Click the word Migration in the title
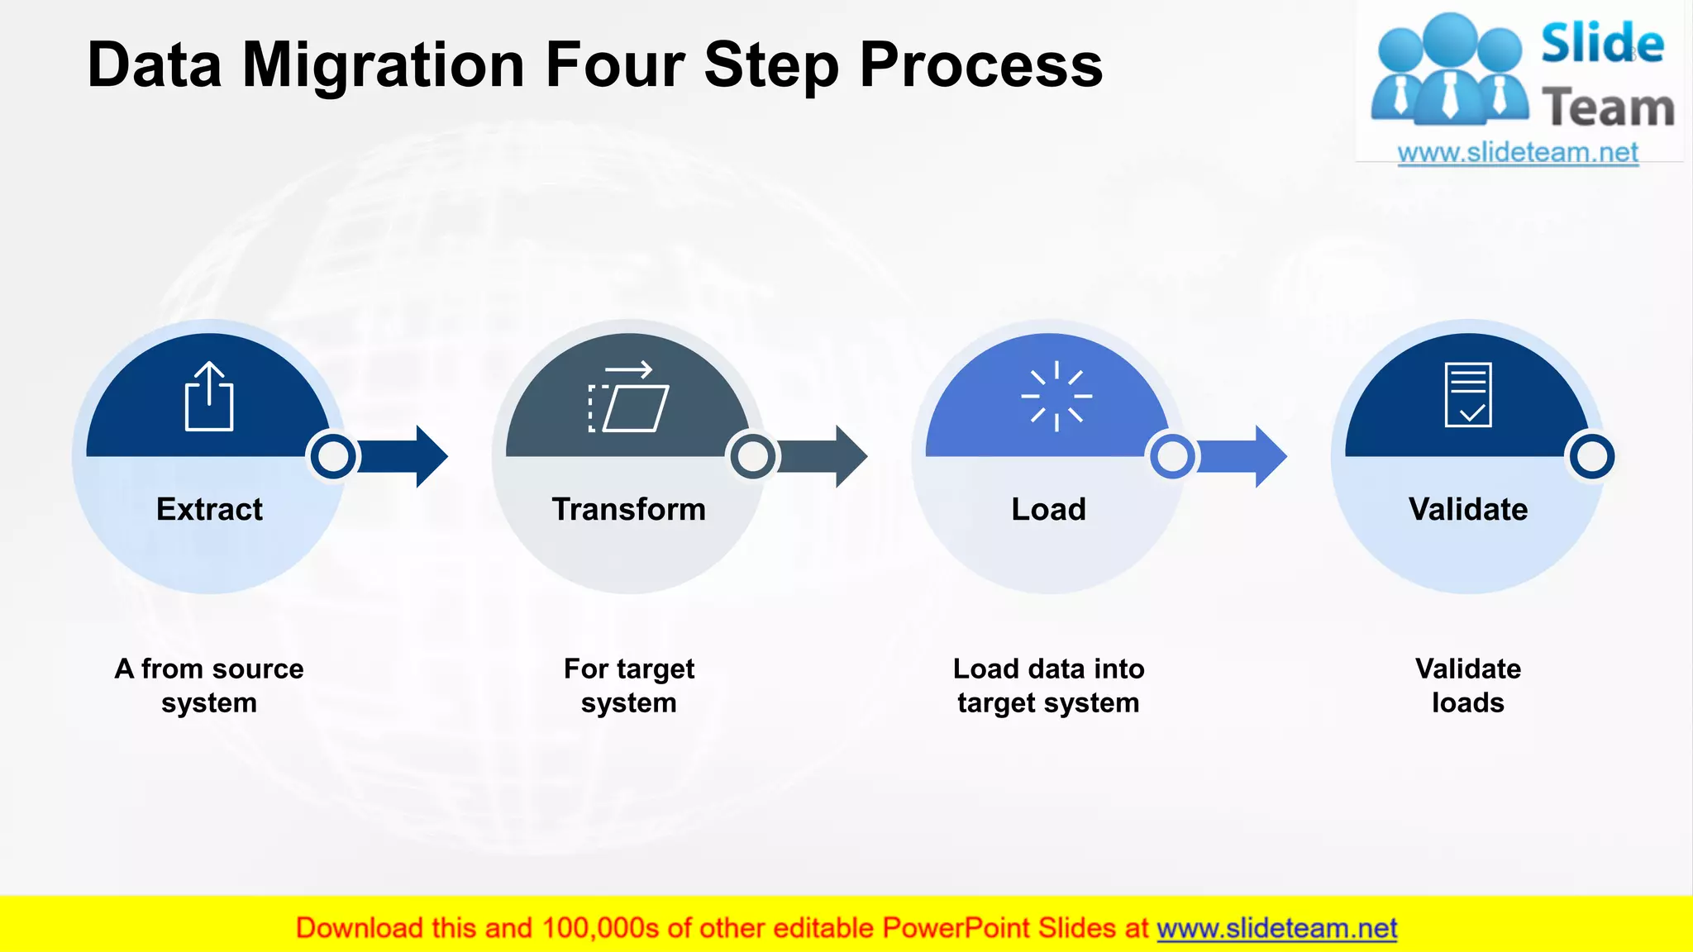[x=383, y=66]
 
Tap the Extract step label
[x=209, y=509]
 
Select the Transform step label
[x=628, y=509]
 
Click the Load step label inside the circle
[x=1048, y=509]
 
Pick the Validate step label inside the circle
[x=1468, y=509]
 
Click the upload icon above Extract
[x=209, y=397]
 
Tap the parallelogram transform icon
[x=629, y=397]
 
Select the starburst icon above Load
[x=1056, y=397]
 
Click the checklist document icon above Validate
[x=1468, y=395]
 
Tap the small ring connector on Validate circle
[x=1591, y=456]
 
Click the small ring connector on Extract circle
[x=333, y=456]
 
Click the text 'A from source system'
[x=209, y=685]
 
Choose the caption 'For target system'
[x=628, y=685]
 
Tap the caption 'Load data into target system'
[x=1048, y=685]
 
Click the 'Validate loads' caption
[x=1468, y=685]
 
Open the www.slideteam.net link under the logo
[x=1518, y=153]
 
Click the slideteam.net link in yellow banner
[x=1276, y=928]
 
